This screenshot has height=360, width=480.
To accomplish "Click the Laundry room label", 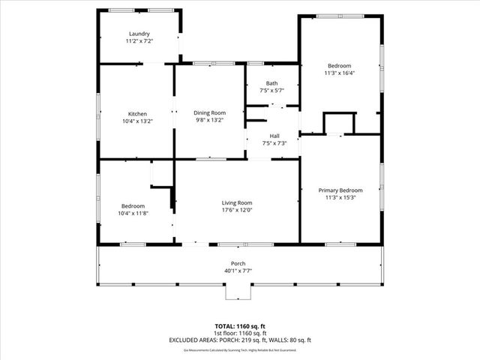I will [139, 34].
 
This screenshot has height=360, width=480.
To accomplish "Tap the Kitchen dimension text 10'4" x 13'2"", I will [137, 121].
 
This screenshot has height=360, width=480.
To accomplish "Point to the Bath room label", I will [272, 83].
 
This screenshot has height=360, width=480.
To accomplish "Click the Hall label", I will [274, 136].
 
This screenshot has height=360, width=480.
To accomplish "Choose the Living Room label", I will [236, 203].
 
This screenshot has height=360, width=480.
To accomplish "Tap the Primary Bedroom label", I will [340, 190].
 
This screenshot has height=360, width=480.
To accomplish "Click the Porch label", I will [238, 264].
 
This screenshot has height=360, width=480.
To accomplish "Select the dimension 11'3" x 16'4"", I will [340, 73].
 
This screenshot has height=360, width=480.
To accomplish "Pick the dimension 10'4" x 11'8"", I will [133, 214].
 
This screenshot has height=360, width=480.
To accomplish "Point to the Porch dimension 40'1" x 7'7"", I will [238, 271].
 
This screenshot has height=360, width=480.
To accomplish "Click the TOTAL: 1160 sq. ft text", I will [240, 326].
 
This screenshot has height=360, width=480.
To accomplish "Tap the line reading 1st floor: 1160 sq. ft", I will [240, 333].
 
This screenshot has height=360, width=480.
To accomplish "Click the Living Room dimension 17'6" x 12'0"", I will [236, 211].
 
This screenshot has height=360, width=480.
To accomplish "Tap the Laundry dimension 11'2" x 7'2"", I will [139, 41].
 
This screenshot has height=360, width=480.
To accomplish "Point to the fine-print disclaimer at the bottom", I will [240, 349].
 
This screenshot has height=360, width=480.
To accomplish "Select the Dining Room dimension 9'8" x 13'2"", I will [210, 120].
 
